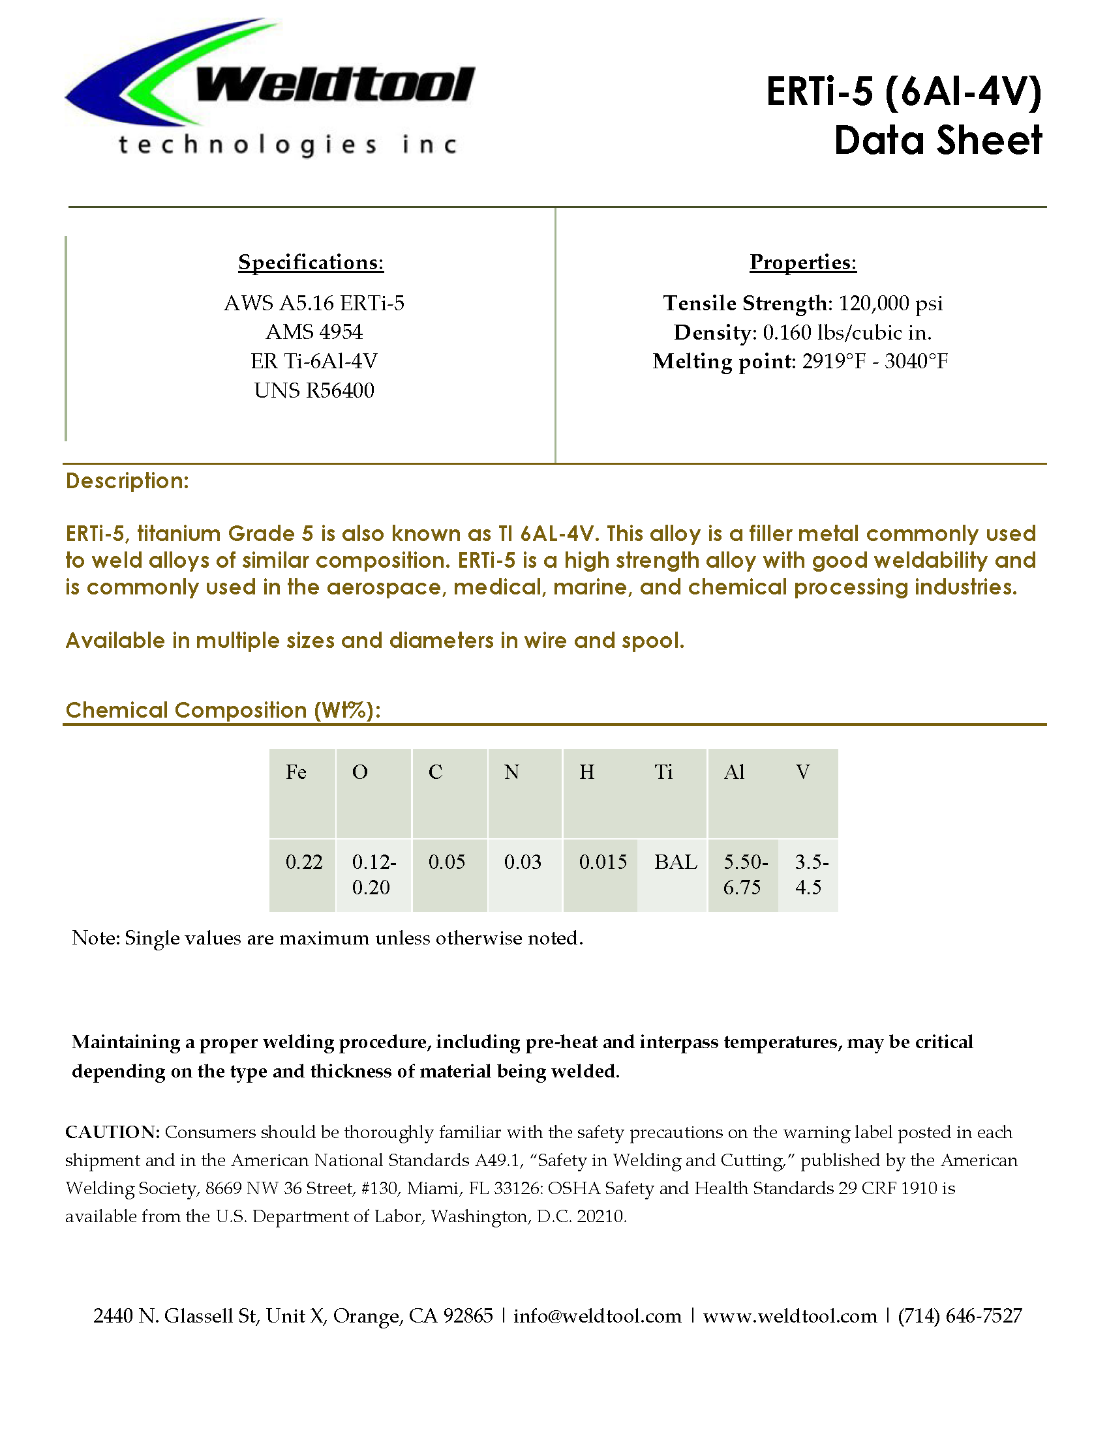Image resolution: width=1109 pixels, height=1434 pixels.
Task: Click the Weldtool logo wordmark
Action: coord(335,85)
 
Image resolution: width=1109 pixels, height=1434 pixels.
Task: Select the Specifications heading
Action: coord(311,262)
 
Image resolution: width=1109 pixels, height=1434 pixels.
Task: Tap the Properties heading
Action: coord(803,262)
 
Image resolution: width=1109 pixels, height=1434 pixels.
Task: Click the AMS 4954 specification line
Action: coord(314,332)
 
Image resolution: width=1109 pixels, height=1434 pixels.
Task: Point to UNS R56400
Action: coord(314,390)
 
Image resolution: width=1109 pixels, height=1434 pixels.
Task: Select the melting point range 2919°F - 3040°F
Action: coord(874,361)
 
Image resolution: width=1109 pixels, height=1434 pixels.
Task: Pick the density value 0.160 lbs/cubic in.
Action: coord(847,333)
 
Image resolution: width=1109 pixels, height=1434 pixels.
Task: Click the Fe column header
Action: coord(296,772)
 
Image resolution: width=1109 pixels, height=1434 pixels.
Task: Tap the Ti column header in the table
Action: coord(663,772)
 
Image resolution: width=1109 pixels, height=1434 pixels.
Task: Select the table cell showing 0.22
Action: coord(304,862)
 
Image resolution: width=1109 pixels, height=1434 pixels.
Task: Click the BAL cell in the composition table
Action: coord(675,862)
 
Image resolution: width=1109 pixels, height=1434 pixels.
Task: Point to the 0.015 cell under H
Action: coord(603,862)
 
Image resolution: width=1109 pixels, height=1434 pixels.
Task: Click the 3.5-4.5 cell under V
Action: coord(811,875)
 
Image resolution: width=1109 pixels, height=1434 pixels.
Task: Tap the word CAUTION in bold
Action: coord(112,1132)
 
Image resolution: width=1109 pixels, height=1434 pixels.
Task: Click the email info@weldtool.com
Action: coord(597,1316)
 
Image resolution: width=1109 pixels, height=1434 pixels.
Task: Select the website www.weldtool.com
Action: coord(790,1316)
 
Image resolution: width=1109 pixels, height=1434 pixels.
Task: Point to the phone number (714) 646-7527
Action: coord(960,1316)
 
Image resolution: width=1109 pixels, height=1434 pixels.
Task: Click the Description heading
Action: coord(127,481)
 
